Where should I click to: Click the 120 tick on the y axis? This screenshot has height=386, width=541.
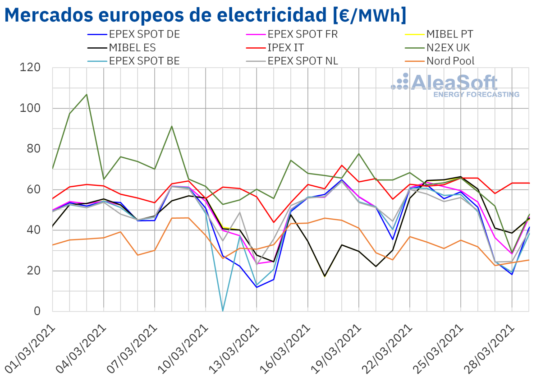click(31, 68)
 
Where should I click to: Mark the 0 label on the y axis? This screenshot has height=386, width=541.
click(37, 312)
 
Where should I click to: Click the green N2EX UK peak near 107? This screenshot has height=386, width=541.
click(87, 94)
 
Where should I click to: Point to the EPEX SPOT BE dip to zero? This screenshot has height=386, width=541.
click(223, 311)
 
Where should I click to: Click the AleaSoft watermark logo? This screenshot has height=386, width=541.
click(455, 85)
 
